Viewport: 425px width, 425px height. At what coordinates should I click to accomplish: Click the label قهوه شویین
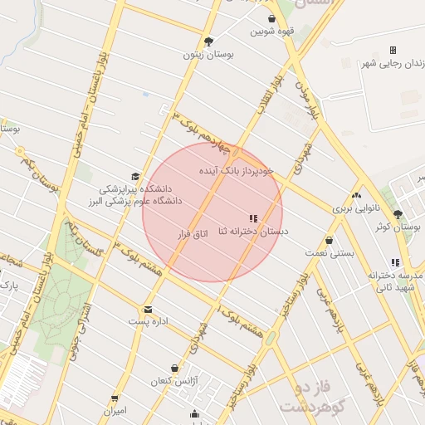274,32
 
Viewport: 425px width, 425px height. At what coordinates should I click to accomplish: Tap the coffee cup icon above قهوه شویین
271,18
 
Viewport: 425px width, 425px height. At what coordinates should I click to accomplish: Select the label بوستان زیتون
209,55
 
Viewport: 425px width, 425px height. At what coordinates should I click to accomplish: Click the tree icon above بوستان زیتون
208,41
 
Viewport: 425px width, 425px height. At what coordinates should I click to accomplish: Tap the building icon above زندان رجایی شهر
393,50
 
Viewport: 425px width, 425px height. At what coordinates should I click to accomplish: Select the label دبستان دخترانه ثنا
253,232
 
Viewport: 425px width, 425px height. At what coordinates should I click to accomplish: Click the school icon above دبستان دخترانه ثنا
253,217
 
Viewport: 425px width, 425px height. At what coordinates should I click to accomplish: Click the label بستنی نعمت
329,253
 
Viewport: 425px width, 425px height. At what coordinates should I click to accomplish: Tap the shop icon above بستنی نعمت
330,240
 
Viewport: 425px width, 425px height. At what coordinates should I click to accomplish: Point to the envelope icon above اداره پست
148,309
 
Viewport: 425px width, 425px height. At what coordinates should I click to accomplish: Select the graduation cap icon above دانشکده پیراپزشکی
135,176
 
